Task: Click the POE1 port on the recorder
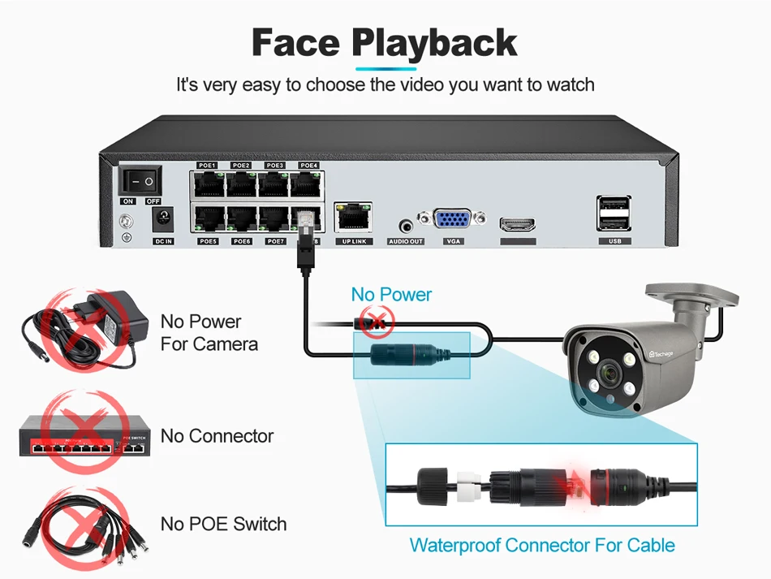209,184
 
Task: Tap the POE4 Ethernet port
308,184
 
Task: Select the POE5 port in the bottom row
209,220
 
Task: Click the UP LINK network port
353,218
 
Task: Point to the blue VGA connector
454,221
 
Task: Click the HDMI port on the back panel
518,223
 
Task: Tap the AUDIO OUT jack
406,225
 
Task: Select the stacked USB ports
614,215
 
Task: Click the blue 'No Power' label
391,295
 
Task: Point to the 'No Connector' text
217,436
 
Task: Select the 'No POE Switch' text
223,524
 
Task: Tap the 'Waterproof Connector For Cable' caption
542,545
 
